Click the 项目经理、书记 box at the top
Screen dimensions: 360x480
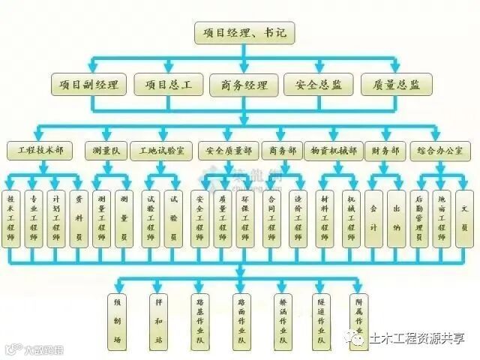click(x=239, y=34)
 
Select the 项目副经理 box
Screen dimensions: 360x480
click(x=88, y=85)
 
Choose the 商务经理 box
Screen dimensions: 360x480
click(x=239, y=85)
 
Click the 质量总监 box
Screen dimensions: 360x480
click(x=391, y=85)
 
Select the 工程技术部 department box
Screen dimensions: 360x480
click(x=40, y=151)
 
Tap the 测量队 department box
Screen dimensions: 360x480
click(x=104, y=151)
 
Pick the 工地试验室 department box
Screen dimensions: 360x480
click(x=161, y=151)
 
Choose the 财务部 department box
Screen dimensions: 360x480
click(x=385, y=151)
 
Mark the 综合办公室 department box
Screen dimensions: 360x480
click(x=441, y=151)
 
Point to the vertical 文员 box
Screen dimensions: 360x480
click(x=465, y=211)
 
